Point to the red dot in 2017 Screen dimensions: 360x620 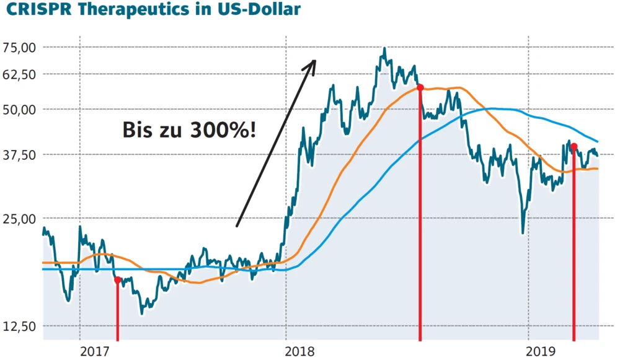[118, 280]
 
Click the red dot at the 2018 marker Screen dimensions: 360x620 [420, 88]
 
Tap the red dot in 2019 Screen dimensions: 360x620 [574, 147]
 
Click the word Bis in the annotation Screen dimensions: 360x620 [138, 131]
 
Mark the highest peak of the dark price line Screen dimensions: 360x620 [384, 48]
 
